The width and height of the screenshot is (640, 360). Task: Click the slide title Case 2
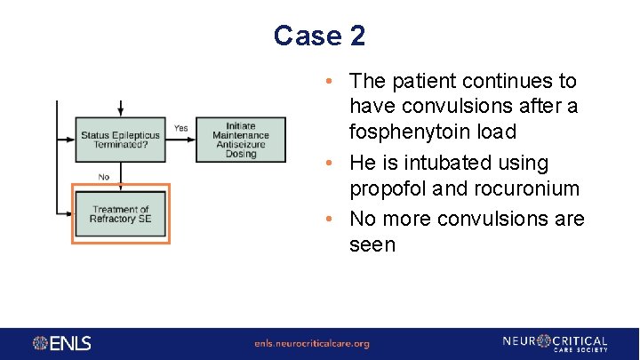pyautogui.click(x=319, y=36)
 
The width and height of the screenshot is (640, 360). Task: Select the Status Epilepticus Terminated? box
pyautogui.click(x=120, y=140)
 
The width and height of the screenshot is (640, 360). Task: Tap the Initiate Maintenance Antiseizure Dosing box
pyautogui.click(x=240, y=140)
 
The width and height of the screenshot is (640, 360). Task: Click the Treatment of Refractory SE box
pyautogui.click(x=120, y=214)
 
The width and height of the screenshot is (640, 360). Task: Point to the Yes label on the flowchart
pyautogui.click(x=180, y=128)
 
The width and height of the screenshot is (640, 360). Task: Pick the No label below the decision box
pyautogui.click(x=103, y=177)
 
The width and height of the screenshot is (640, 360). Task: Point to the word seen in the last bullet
pyautogui.click(x=372, y=244)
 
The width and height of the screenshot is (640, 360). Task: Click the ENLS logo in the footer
pyautogui.click(x=62, y=343)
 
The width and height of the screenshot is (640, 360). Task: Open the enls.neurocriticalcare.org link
pyautogui.click(x=311, y=344)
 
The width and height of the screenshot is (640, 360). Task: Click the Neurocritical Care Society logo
pyautogui.click(x=554, y=343)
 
